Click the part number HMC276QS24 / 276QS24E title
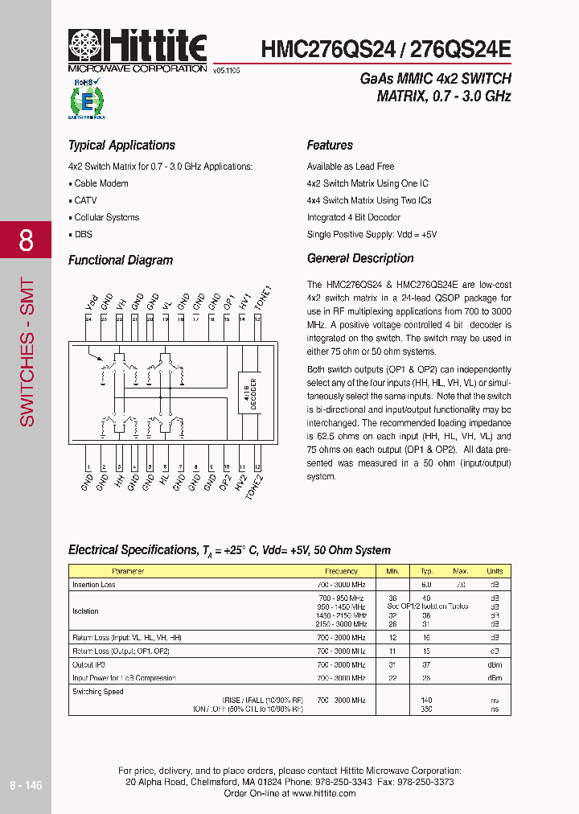(x=386, y=49)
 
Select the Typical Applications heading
(x=121, y=146)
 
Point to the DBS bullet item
(x=81, y=234)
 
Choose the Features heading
(x=330, y=146)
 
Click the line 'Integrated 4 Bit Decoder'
(x=353, y=217)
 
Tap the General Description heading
(x=360, y=258)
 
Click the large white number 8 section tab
(x=26, y=240)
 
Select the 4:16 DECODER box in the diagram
(x=248, y=394)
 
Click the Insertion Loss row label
(x=94, y=585)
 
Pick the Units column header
(x=495, y=571)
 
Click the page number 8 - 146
(x=25, y=785)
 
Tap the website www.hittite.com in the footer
(x=323, y=793)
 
